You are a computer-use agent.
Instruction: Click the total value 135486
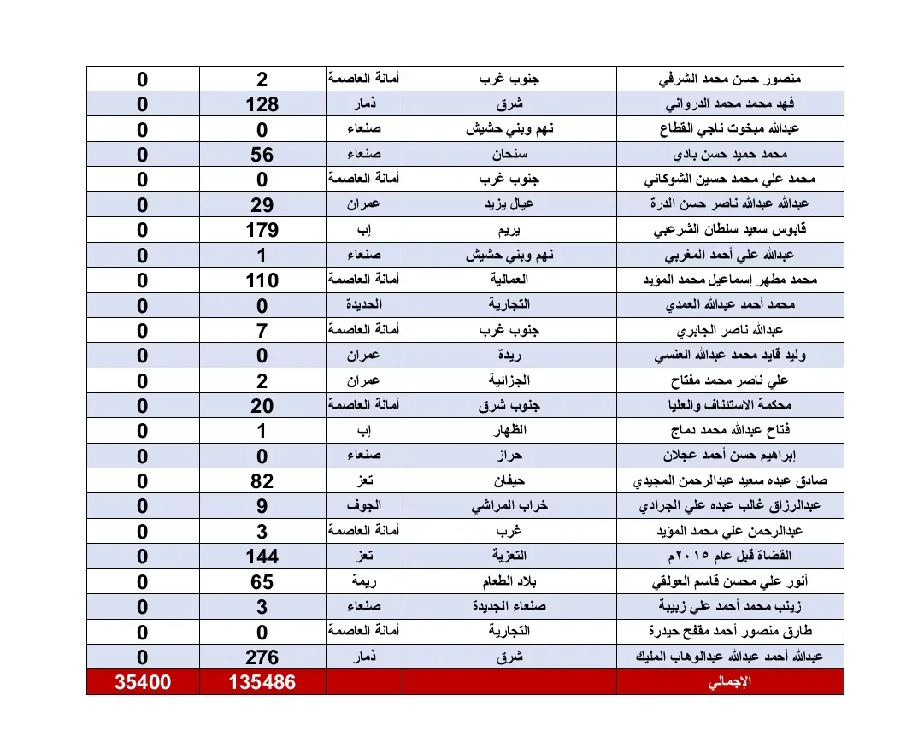262,683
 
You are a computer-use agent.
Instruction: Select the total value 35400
143,683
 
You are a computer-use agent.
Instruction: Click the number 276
262,657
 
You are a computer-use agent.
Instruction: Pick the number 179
262,230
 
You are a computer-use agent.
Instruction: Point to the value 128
262,104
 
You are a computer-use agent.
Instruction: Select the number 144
262,557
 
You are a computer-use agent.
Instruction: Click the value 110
262,280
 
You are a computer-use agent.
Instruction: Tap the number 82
262,481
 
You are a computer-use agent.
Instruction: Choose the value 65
262,582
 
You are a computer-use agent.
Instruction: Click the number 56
262,155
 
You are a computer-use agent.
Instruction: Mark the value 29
262,205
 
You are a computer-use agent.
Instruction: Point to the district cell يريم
509,230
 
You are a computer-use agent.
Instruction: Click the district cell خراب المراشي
509,506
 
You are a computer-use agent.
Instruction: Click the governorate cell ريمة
365,582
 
